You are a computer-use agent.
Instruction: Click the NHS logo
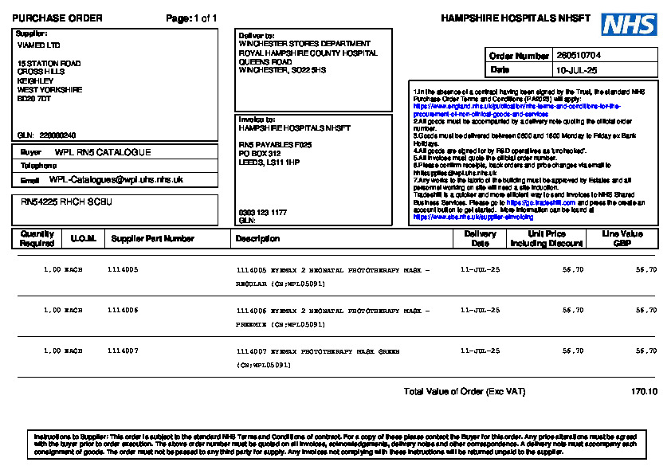pyautogui.click(x=629, y=25)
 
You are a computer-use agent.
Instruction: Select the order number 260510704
pyautogui.click(x=579, y=56)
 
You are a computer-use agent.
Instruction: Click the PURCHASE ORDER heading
pyautogui.click(x=57, y=18)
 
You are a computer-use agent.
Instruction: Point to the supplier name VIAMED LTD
pyautogui.click(x=38, y=45)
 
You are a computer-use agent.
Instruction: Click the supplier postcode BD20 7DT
pyautogui.click(x=34, y=99)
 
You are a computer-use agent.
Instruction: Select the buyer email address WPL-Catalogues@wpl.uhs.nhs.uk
pyautogui.click(x=116, y=180)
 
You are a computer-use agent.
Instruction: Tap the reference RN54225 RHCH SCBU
pyautogui.click(x=66, y=202)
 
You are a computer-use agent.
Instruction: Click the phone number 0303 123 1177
pyautogui.click(x=262, y=213)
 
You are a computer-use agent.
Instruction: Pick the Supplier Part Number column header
pyautogui.click(x=152, y=238)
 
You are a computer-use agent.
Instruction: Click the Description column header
pyautogui.click(x=257, y=238)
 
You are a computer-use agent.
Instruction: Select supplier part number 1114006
pyautogui.click(x=123, y=310)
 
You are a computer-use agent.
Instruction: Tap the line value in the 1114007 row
pyautogui.click(x=645, y=351)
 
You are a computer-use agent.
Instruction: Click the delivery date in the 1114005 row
pyautogui.click(x=481, y=270)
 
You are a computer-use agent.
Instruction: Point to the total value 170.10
pyautogui.click(x=644, y=392)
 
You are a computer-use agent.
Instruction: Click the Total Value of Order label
pyautogui.click(x=465, y=392)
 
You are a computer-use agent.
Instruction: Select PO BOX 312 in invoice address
pyautogui.click(x=260, y=153)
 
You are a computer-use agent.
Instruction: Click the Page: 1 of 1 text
pyautogui.click(x=191, y=18)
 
